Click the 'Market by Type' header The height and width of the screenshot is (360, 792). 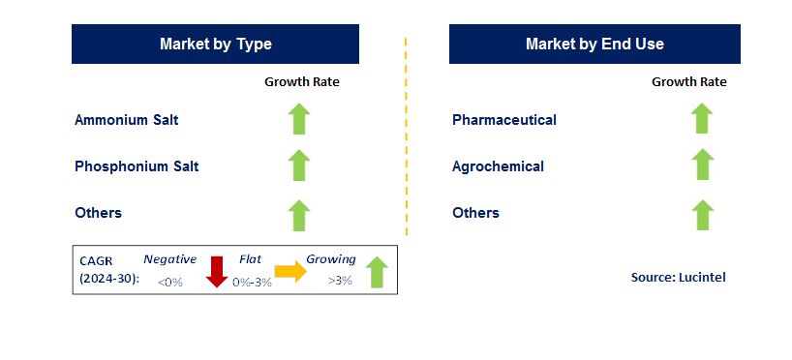click(215, 44)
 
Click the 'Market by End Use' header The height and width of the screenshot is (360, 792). click(594, 44)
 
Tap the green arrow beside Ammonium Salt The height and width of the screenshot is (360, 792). click(299, 119)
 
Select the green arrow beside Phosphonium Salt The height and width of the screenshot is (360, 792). click(299, 165)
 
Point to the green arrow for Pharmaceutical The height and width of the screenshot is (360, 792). click(702, 119)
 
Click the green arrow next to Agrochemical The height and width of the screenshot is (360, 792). click(702, 165)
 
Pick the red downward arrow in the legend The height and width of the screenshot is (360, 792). click(217, 272)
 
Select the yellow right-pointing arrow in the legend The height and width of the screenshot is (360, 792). click(290, 273)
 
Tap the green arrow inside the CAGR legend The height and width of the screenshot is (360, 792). click(377, 272)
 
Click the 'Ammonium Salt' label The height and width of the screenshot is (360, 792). click(126, 120)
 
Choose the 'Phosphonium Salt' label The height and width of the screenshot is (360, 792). click(137, 166)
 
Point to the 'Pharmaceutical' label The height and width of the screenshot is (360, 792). click(504, 120)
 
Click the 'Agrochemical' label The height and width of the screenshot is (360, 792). click(498, 166)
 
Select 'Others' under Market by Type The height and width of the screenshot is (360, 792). click(98, 213)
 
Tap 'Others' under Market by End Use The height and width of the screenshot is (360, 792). click(475, 213)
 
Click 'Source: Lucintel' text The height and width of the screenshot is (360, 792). click(679, 277)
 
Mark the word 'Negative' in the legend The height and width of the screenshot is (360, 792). click(169, 259)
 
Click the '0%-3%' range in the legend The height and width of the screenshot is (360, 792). click(252, 283)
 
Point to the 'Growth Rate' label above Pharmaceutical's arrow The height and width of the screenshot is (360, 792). click(689, 82)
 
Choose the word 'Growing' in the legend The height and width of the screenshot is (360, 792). click(331, 260)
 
